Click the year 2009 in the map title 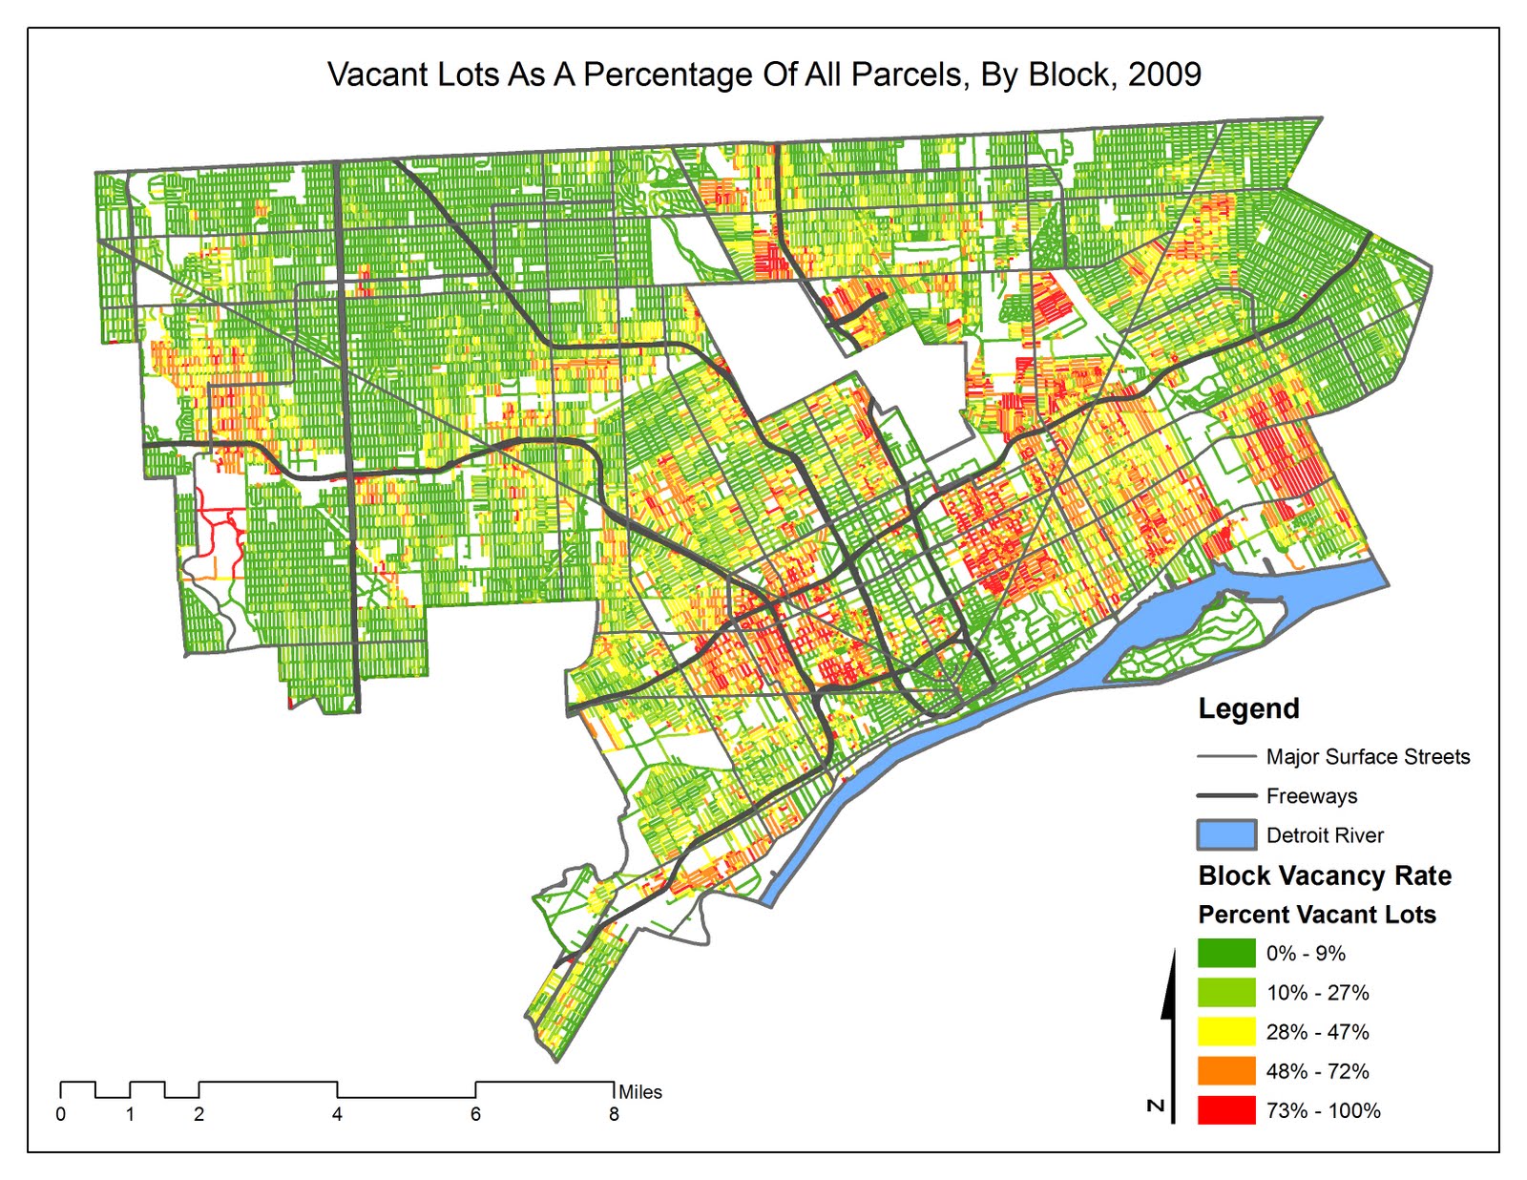[x=1164, y=74]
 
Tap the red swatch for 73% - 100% [x=1226, y=1110]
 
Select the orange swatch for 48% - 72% [x=1226, y=1071]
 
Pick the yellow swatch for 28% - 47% [x=1226, y=1032]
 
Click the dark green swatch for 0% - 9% [x=1226, y=954]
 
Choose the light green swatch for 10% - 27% [x=1226, y=993]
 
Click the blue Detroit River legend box [x=1226, y=835]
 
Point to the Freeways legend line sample [x=1226, y=795]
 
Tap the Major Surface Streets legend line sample [x=1226, y=757]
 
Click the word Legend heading [x=1248, y=709]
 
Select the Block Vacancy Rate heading [x=1325, y=875]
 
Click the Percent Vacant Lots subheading [x=1317, y=915]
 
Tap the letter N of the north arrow [x=1156, y=1106]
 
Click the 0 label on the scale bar [x=61, y=1114]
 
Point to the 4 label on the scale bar [x=337, y=1114]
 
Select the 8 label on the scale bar [x=614, y=1114]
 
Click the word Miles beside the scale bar [x=640, y=1092]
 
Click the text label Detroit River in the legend [x=1325, y=835]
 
